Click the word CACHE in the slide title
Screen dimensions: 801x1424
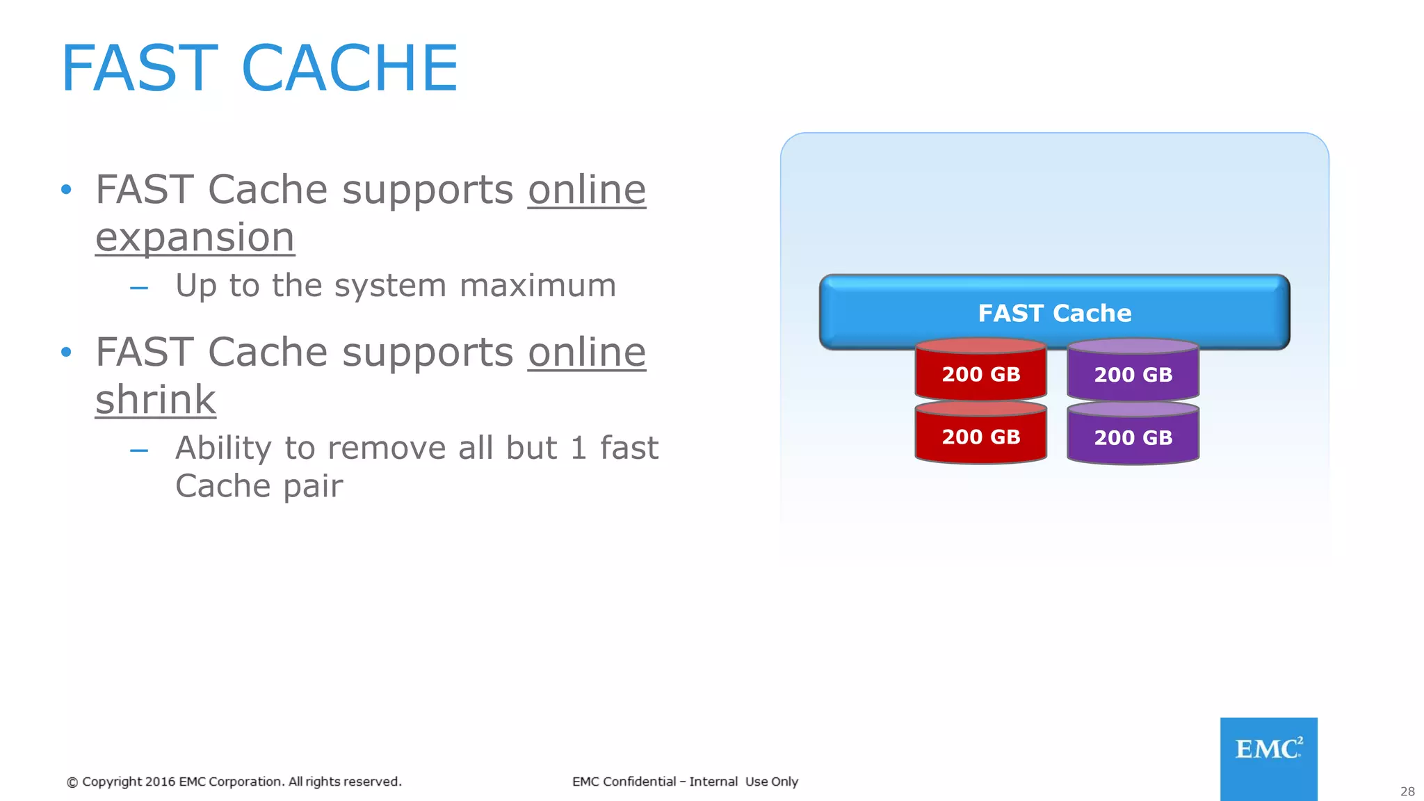tap(350, 68)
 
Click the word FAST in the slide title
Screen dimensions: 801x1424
tap(139, 68)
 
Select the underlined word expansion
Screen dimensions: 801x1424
tap(195, 238)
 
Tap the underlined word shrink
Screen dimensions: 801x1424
tap(156, 400)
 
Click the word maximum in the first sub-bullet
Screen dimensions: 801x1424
tap(537, 286)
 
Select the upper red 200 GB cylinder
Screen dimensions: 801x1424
tap(980, 374)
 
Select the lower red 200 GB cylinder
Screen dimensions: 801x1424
tap(980, 437)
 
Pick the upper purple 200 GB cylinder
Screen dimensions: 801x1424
tap(1133, 374)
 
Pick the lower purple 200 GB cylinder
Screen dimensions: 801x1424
tap(1133, 437)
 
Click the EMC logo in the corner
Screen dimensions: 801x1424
tap(1268, 757)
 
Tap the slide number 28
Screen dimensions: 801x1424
tap(1407, 791)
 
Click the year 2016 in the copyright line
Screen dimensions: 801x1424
tap(160, 782)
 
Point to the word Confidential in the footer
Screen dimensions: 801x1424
tap(639, 782)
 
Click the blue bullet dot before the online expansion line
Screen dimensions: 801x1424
tap(66, 190)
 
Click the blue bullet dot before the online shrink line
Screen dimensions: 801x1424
tap(66, 353)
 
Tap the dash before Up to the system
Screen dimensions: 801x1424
tap(139, 288)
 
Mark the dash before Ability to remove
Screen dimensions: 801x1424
tap(139, 451)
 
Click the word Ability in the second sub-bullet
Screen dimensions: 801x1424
tap(223, 448)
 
